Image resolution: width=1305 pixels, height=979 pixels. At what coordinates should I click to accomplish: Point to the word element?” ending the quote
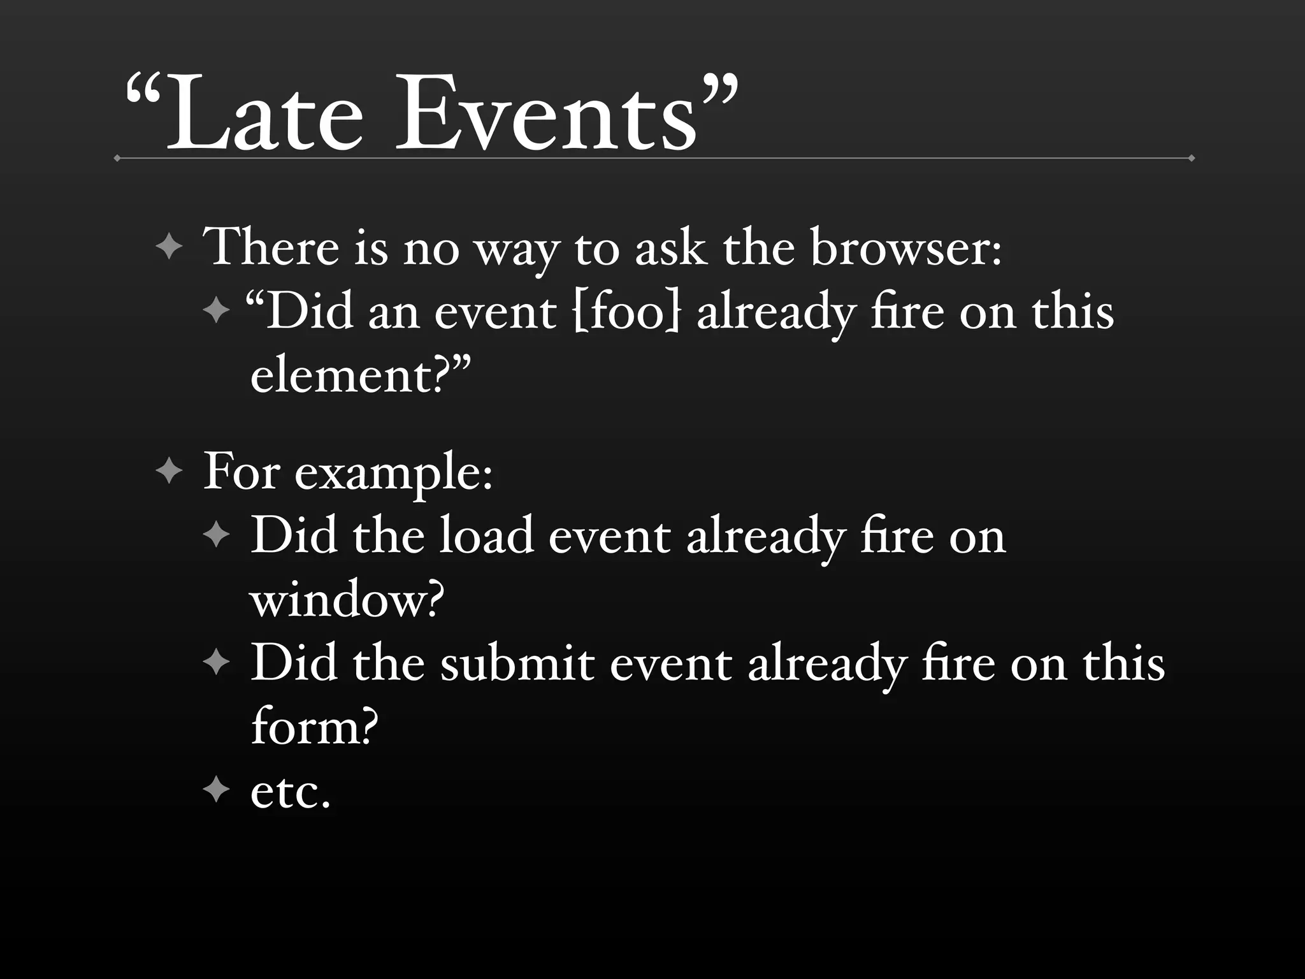361,376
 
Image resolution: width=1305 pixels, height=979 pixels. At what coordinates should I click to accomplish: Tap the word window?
347,600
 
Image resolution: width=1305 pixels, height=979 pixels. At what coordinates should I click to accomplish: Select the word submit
517,664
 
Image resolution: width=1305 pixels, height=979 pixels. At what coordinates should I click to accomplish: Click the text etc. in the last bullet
291,792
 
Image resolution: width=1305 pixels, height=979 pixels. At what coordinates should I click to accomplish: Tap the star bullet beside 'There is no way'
169,247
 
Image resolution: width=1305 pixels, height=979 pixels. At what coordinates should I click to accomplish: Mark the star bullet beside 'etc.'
216,790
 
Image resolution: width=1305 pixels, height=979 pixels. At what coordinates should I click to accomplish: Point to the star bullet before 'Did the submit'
216,664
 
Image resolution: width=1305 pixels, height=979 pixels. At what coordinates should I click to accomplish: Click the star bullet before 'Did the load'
216,535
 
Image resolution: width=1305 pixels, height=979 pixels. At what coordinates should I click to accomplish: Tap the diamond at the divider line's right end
1191,158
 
